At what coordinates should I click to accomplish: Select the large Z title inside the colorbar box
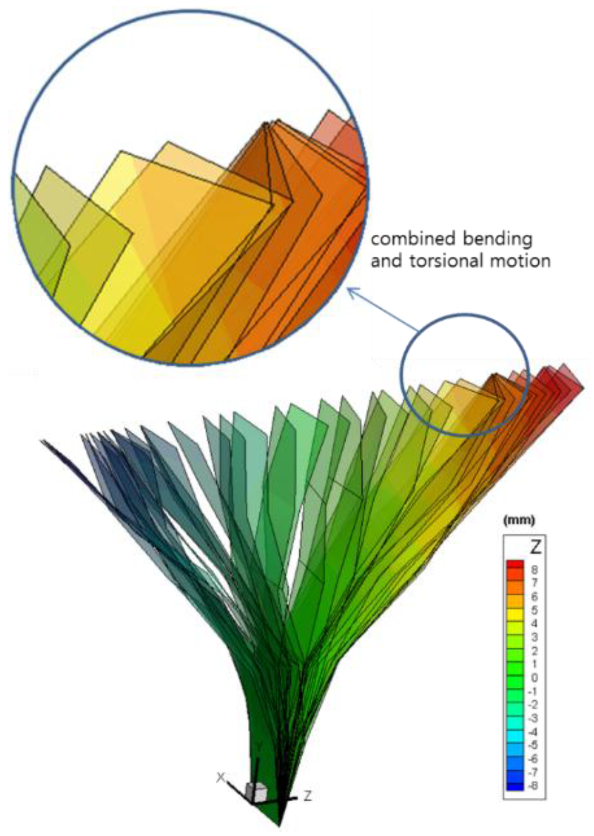pos(535,545)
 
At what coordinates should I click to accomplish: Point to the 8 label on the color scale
pos(535,569)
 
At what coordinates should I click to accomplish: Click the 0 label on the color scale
pos(535,678)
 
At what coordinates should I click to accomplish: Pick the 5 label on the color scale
pos(535,610)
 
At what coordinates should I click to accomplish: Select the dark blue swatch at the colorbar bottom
pos(515,786)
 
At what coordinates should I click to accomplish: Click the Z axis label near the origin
pos(307,797)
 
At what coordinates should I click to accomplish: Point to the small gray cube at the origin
pos(256,791)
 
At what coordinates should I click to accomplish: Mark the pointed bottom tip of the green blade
pos(280,825)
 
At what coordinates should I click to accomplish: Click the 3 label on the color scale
pos(535,637)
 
